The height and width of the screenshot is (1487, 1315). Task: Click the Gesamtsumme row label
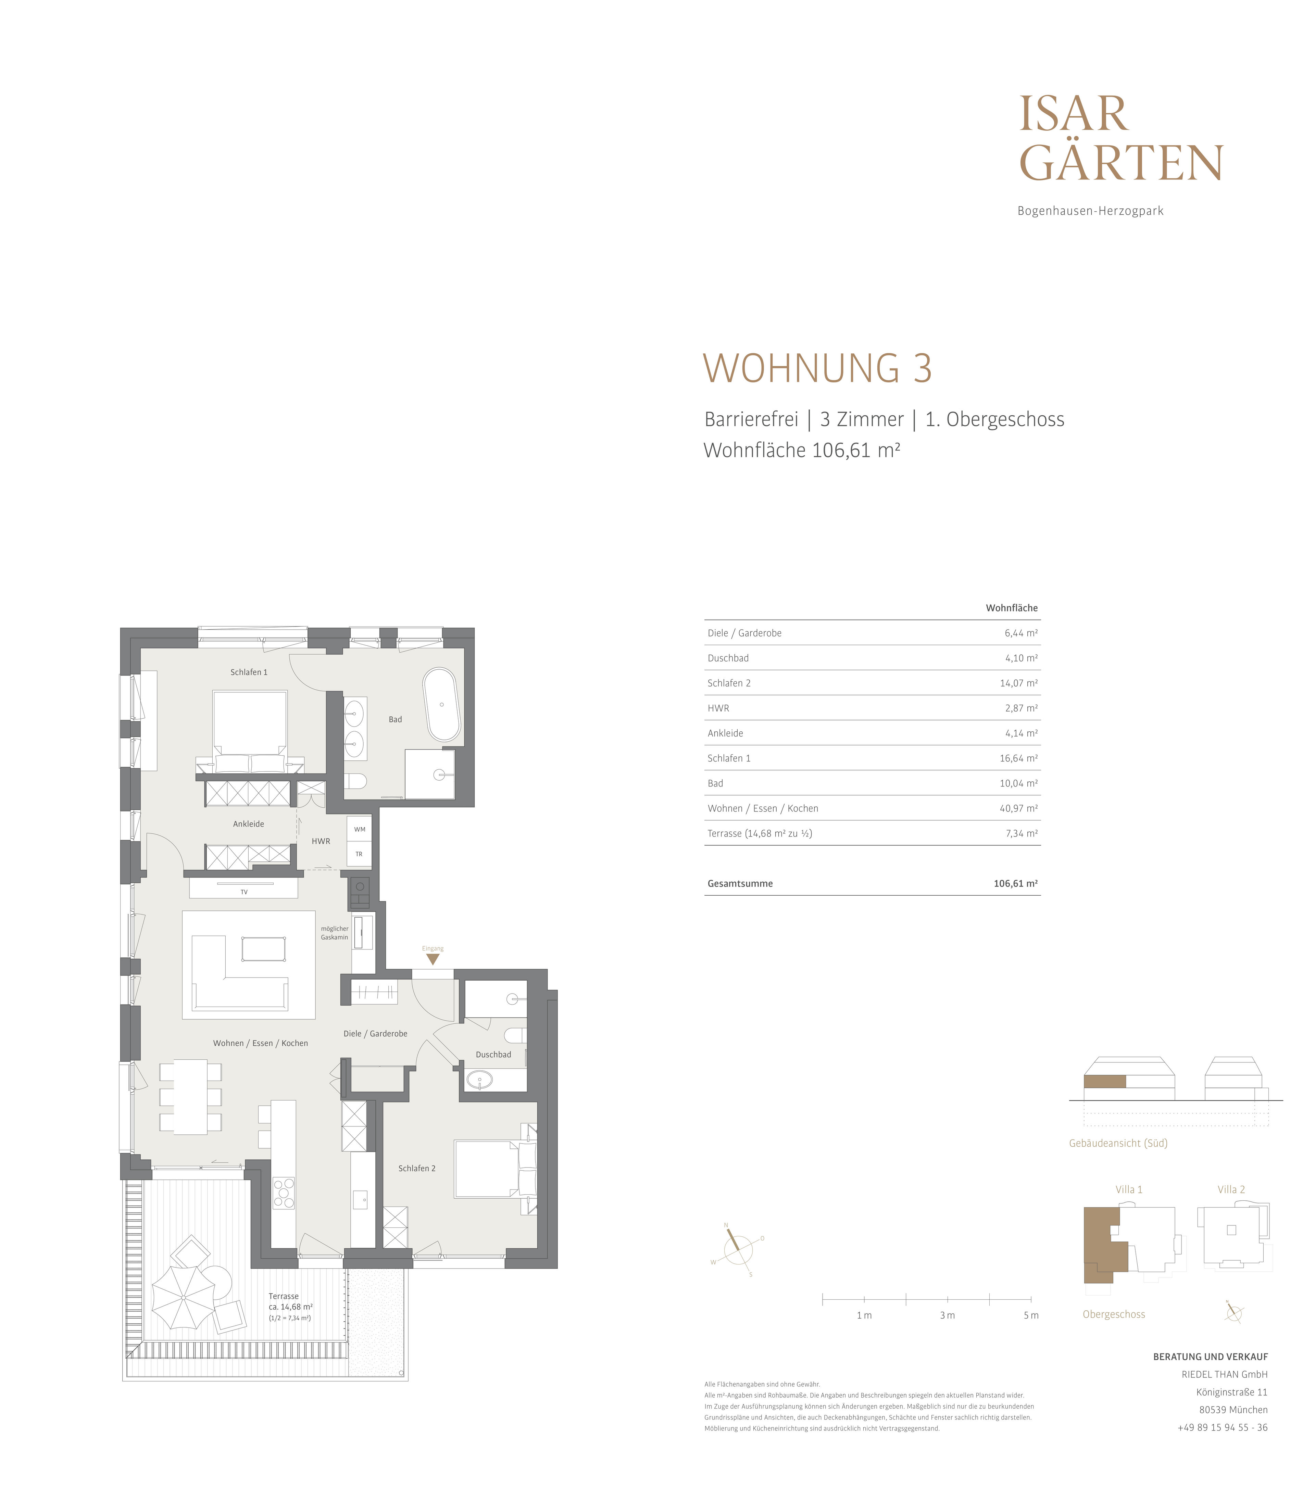click(x=740, y=883)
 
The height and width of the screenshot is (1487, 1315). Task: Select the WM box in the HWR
click(x=360, y=829)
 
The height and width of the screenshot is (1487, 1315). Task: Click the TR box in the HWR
click(x=360, y=854)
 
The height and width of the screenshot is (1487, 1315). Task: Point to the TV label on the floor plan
click(x=244, y=892)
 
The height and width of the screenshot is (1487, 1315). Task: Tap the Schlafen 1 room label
click(x=249, y=672)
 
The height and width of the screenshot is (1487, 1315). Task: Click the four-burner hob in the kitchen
click(x=284, y=1193)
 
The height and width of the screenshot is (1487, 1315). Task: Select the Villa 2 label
click(x=1231, y=1189)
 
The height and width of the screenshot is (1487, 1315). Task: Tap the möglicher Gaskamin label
click(x=335, y=933)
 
